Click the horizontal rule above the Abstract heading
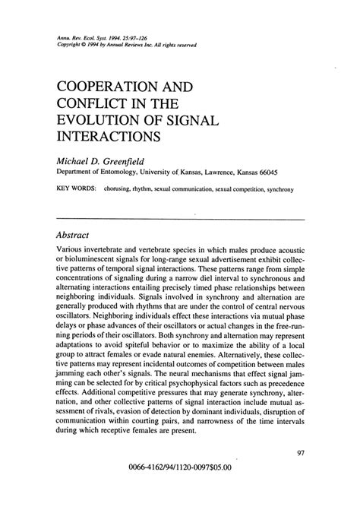point(180,219)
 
